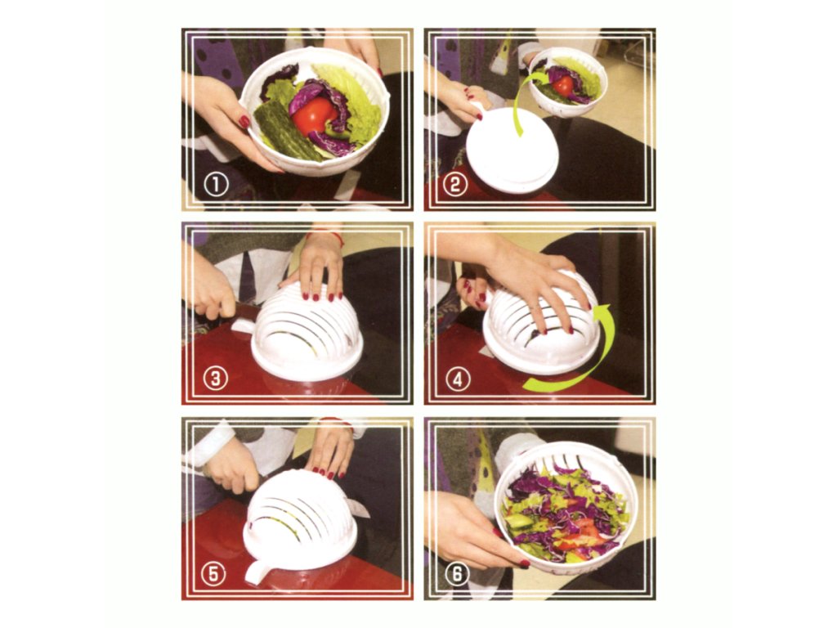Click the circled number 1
(x=216, y=185)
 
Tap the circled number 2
(x=454, y=185)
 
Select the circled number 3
(x=216, y=379)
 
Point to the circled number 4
(x=457, y=379)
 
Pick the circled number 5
(x=213, y=574)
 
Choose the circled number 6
(x=457, y=574)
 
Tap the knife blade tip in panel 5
(x=369, y=516)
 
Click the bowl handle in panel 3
(x=244, y=325)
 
